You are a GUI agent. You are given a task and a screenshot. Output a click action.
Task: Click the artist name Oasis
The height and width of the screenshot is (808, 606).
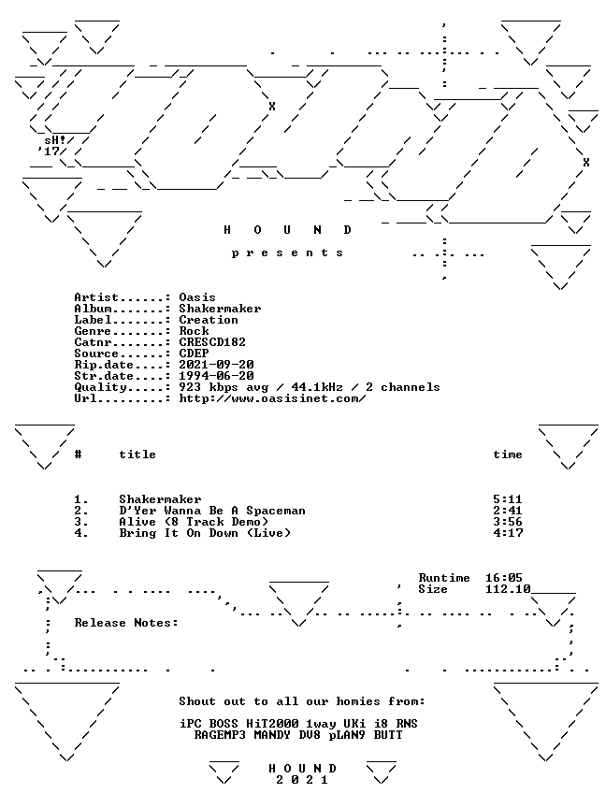click(197, 297)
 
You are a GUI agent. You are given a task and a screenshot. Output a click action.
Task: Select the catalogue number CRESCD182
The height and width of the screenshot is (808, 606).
click(212, 342)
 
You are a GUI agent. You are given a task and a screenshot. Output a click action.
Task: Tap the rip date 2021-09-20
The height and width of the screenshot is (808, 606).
click(216, 365)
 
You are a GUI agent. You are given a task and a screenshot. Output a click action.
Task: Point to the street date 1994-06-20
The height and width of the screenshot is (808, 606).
click(216, 376)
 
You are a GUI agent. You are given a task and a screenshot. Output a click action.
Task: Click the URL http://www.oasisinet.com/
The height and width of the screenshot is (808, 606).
click(272, 398)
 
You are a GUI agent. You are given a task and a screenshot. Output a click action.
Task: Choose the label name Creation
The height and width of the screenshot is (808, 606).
click(209, 320)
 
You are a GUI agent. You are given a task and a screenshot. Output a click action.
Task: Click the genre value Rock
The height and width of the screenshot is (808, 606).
click(194, 331)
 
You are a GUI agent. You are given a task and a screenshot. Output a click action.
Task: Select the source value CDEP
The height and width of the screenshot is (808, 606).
click(194, 353)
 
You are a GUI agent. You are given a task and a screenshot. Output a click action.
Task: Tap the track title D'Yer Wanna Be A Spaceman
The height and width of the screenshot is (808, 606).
click(212, 511)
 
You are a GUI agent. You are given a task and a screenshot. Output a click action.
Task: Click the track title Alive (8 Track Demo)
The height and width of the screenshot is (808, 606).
click(194, 522)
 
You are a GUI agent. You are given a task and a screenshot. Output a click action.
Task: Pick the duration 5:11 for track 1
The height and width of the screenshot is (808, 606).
click(508, 499)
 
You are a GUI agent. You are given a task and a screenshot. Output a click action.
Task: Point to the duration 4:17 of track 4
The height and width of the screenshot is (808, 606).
click(508, 533)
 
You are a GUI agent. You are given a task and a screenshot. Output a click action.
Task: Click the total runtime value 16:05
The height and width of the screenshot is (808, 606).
click(504, 578)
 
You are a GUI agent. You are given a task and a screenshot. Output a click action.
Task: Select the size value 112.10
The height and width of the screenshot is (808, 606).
click(508, 589)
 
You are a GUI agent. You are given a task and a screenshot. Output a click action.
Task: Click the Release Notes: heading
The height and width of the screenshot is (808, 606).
click(126, 623)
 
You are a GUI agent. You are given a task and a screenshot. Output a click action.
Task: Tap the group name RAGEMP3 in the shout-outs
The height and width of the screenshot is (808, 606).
click(220, 735)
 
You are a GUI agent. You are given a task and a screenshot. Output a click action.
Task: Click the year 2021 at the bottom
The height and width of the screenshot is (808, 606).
click(302, 780)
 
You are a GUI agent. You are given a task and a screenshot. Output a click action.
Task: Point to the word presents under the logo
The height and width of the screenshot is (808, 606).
click(287, 253)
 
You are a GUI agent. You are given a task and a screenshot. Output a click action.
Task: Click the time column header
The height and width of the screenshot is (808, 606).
click(508, 454)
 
